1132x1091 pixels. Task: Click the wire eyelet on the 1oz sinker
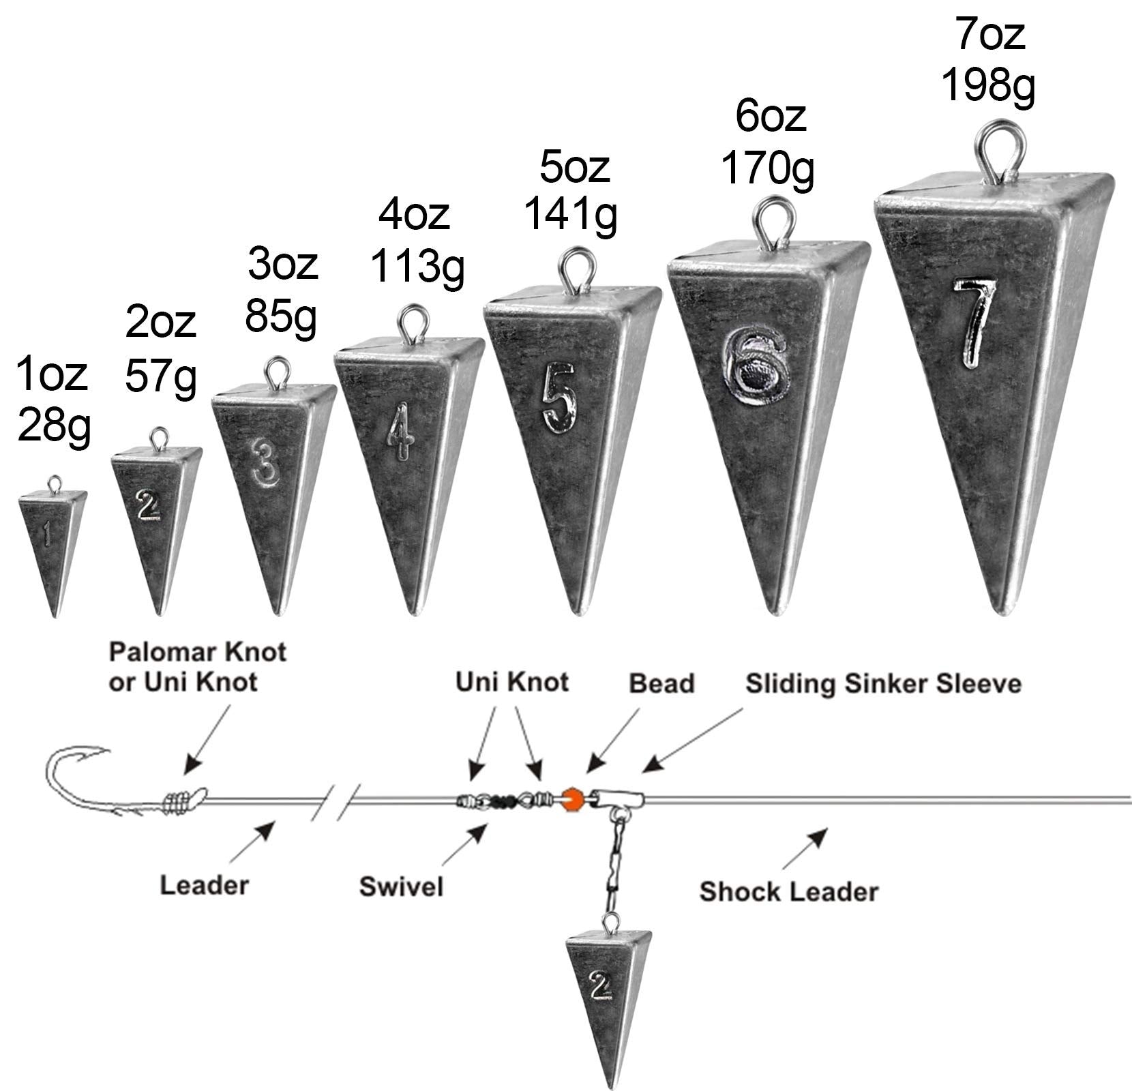tap(53, 483)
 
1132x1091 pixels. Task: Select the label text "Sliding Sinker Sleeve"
tap(883, 684)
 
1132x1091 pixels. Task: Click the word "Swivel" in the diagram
tap(401, 886)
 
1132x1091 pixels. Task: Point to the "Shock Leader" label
tap(789, 891)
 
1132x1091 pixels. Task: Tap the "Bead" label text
tap(661, 683)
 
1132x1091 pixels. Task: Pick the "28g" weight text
tap(53, 426)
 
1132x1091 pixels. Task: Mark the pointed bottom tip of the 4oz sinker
tap(414, 612)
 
